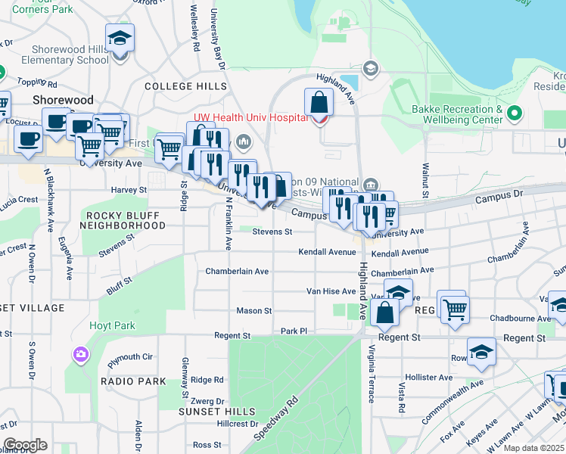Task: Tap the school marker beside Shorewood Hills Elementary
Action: pyautogui.click(x=120, y=39)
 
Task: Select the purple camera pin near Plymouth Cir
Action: pyautogui.click(x=80, y=354)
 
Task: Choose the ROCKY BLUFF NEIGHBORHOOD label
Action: pyautogui.click(x=122, y=220)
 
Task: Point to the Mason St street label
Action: pyautogui.click(x=253, y=310)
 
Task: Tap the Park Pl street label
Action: pyautogui.click(x=294, y=331)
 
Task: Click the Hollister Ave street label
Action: pyautogui.click(x=428, y=377)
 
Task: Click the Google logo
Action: pyautogui.click(x=25, y=445)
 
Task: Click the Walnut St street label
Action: pyautogui.click(x=426, y=182)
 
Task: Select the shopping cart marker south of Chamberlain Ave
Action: pyautogui.click(x=454, y=308)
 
